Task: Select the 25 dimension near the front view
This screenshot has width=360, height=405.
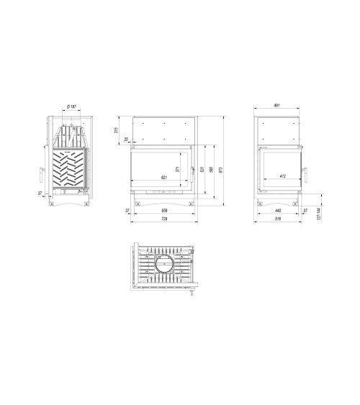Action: (126, 139)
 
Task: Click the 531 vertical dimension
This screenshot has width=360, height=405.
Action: (202, 170)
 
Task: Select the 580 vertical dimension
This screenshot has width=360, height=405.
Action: (211, 170)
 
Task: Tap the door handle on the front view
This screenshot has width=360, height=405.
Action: (192, 170)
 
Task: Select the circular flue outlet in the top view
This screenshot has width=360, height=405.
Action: (163, 263)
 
